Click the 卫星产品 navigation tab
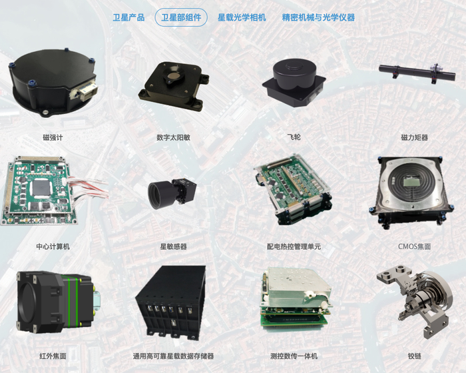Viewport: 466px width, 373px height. point(128,17)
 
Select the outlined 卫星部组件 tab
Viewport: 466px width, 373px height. point(181,17)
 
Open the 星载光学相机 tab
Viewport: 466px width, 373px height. point(242,17)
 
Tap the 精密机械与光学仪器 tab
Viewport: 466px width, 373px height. point(318,17)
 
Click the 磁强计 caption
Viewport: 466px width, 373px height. point(53,137)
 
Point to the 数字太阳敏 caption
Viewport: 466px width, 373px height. point(173,137)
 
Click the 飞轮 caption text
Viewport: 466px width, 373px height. point(294,137)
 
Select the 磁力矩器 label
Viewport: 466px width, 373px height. point(414,137)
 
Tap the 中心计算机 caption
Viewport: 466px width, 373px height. point(53,246)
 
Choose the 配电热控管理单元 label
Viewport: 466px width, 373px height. point(294,246)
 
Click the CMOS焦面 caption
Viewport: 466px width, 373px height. point(414,246)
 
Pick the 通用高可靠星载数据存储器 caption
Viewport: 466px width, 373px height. point(173,356)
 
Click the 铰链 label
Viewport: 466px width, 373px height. point(414,356)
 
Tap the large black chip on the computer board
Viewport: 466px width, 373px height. point(42,188)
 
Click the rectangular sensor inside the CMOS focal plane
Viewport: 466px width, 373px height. point(411,182)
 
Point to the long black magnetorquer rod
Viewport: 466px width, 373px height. point(417,73)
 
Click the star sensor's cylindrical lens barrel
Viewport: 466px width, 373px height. point(160,194)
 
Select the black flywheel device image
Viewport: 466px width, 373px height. point(294,83)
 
